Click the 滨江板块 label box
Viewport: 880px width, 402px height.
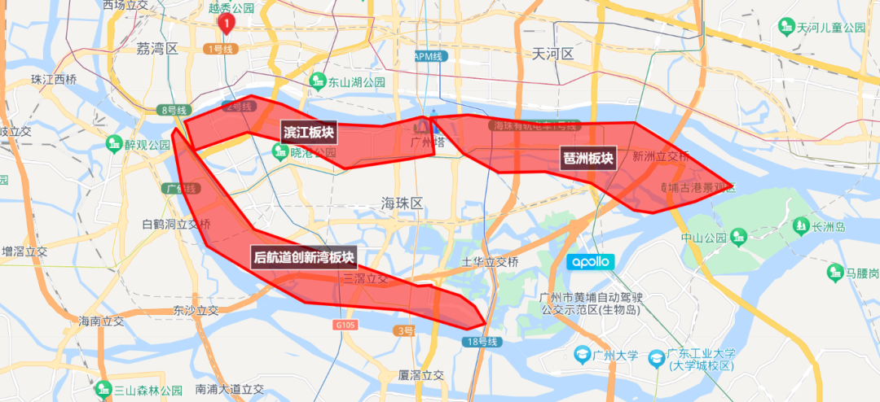point(309,132)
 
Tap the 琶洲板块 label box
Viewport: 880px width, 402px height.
point(587,157)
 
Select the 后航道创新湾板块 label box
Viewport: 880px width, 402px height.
point(304,257)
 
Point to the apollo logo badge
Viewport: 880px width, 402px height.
point(591,262)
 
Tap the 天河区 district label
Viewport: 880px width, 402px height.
point(553,54)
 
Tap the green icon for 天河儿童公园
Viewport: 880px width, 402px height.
point(786,28)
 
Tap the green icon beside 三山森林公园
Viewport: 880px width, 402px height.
point(103,389)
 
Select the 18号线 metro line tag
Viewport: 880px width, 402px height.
point(482,342)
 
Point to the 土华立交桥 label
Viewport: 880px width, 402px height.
point(490,262)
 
